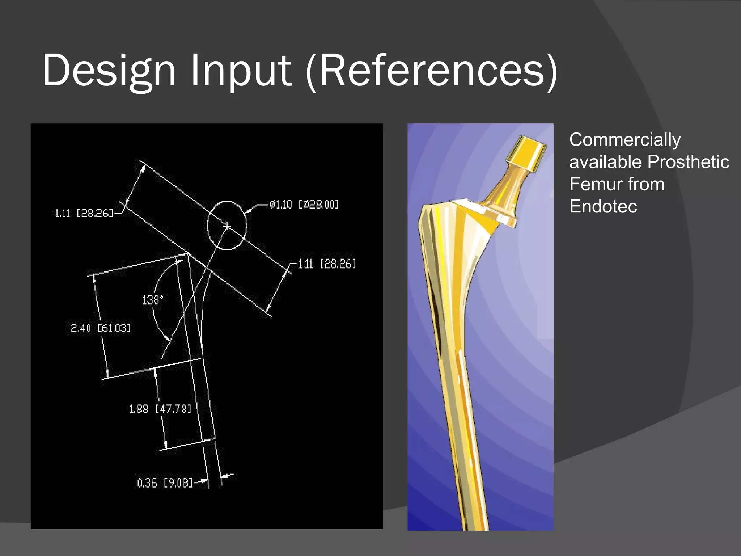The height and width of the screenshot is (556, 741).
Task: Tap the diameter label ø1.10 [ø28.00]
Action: pos(304,205)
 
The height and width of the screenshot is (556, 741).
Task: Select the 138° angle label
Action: pos(152,300)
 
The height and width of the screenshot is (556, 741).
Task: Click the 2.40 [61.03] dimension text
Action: pos(101,328)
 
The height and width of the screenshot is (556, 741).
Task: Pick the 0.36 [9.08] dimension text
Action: pos(165,483)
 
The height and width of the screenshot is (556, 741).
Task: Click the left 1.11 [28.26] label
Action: pos(84,213)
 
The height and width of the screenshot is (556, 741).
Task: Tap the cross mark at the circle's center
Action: pos(227,226)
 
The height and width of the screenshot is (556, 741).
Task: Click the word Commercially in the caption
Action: pos(625,140)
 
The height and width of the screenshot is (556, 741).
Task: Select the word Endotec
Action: pos(603,206)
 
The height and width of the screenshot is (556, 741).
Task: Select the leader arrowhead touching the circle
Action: pos(247,212)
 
